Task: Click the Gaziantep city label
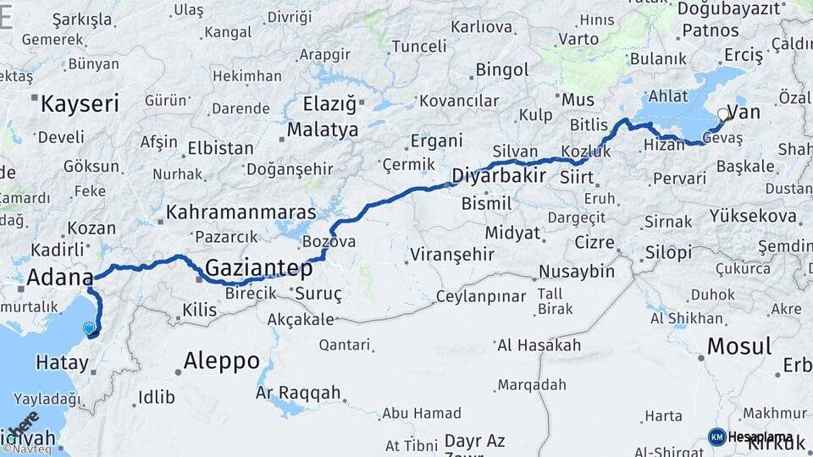[x=258, y=267]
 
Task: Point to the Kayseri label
[x=80, y=104]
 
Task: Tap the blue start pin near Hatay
[x=89, y=328]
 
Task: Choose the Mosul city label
[x=738, y=345]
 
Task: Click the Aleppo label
[x=222, y=361]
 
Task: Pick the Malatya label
[x=322, y=130]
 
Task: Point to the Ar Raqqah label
[x=298, y=392]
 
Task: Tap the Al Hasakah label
[x=539, y=345]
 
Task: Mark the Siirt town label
[x=577, y=178]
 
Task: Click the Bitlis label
[x=589, y=124]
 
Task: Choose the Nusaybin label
[x=577, y=272]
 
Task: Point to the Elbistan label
[x=221, y=148]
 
